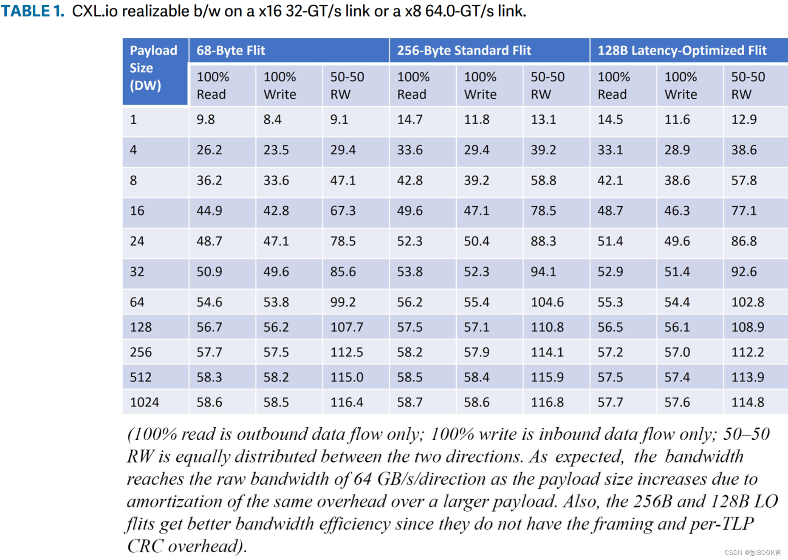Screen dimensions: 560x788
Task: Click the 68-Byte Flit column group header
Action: point(231,51)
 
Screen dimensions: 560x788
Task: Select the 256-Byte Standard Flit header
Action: point(464,51)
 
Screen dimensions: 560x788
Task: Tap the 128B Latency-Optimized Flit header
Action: point(682,51)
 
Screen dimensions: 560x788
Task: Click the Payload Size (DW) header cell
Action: point(153,68)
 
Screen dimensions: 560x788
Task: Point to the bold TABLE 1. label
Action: point(33,11)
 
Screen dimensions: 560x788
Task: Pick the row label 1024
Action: point(144,402)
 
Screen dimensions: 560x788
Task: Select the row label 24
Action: point(137,242)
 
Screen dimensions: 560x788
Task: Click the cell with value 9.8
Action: point(206,119)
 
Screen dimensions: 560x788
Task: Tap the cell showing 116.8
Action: point(547,402)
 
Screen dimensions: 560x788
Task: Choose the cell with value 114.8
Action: point(748,402)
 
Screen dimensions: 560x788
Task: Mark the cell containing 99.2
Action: point(343,302)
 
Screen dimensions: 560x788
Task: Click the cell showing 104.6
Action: point(547,302)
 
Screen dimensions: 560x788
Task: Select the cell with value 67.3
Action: point(343,211)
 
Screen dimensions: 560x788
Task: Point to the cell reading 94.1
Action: point(543,272)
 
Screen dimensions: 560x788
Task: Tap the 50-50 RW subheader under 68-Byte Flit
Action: point(347,85)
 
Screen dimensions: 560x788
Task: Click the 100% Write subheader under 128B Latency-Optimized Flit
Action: point(681,85)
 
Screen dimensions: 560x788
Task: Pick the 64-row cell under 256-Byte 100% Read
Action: point(410,302)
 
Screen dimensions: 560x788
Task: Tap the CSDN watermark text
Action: point(752,553)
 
